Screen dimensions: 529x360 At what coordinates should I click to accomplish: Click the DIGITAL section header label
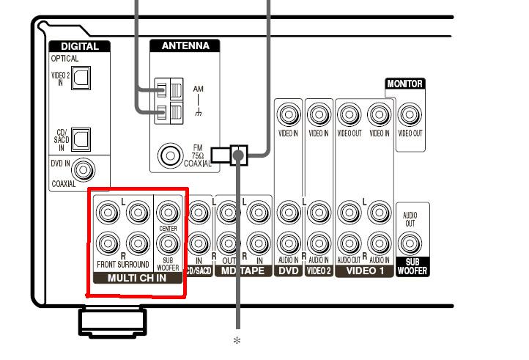(x=80, y=46)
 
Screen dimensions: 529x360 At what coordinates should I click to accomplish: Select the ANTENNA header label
(x=185, y=46)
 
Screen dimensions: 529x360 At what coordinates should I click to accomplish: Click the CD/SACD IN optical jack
(x=80, y=136)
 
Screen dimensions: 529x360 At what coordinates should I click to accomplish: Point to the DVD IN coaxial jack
(x=85, y=170)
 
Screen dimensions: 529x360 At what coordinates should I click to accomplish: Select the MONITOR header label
(x=404, y=84)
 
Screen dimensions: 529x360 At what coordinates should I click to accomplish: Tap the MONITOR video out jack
(x=410, y=114)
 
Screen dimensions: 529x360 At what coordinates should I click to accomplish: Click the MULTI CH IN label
(x=137, y=279)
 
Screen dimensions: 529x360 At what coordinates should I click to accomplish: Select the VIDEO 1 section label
(x=366, y=271)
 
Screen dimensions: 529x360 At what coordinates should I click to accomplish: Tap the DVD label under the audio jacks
(x=288, y=271)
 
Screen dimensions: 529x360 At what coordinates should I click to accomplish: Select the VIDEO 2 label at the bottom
(x=319, y=271)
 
